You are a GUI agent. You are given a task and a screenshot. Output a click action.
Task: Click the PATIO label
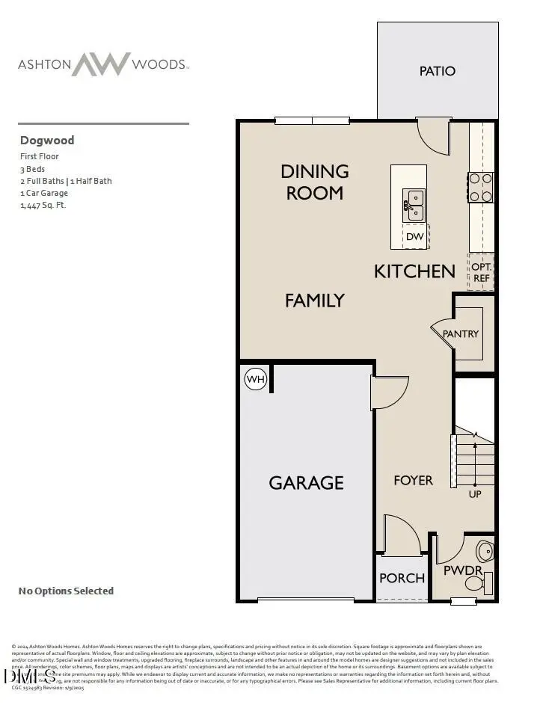click(438, 71)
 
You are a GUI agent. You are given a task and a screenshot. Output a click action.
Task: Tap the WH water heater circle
click(256, 380)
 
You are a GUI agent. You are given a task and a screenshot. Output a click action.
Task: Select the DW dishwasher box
click(415, 237)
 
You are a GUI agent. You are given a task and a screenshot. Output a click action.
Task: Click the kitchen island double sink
click(414, 205)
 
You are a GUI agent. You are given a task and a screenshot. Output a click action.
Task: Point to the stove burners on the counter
click(480, 188)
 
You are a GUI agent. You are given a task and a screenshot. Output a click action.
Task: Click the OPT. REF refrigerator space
click(481, 272)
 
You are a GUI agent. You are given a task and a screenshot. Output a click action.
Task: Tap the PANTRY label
click(461, 333)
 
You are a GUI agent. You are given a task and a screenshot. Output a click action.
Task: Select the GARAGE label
click(307, 483)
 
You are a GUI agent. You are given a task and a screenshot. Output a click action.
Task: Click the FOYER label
click(413, 480)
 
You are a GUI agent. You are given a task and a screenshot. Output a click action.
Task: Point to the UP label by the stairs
click(475, 494)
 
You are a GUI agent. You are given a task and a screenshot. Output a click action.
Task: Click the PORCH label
click(402, 578)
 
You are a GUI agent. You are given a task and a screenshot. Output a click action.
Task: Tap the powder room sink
click(485, 552)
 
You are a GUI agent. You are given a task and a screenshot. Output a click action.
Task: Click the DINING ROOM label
click(315, 182)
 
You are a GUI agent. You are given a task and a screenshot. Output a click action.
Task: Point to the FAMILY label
click(315, 301)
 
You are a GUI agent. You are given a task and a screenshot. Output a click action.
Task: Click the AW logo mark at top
click(101, 64)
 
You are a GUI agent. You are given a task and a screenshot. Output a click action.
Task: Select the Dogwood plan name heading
click(47, 140)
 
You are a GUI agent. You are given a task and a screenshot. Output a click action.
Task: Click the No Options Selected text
click(66, 591)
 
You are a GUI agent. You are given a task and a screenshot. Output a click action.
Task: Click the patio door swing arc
click(432, 135)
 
